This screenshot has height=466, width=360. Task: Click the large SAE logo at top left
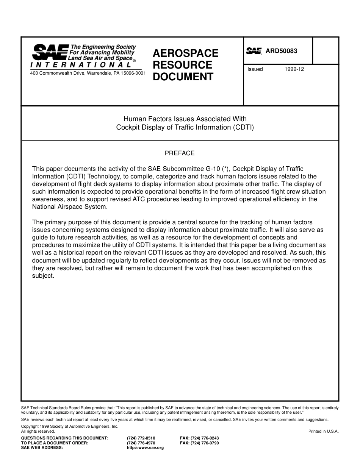[50, 52]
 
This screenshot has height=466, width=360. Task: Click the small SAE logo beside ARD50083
[254, 51]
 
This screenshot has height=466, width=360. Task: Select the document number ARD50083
[282, 51]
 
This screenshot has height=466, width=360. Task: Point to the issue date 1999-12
[294, 69]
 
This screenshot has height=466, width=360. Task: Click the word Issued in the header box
[255, 69]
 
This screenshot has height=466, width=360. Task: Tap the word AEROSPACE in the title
[186, 53]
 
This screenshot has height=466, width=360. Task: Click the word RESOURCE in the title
[183, 65]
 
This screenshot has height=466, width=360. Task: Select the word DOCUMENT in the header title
[183, 77]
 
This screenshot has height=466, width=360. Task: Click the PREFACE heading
[180, 153]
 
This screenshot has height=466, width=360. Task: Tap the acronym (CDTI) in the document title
[243, 127]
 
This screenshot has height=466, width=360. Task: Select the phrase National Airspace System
[70, 207]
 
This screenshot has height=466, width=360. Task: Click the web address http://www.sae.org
[145, 448]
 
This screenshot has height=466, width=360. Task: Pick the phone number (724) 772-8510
[141, 438]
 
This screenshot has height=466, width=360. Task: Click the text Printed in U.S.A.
[324, 431]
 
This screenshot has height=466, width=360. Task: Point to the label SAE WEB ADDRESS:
[42, 448]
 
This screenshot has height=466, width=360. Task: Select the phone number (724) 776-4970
[141, 443]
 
